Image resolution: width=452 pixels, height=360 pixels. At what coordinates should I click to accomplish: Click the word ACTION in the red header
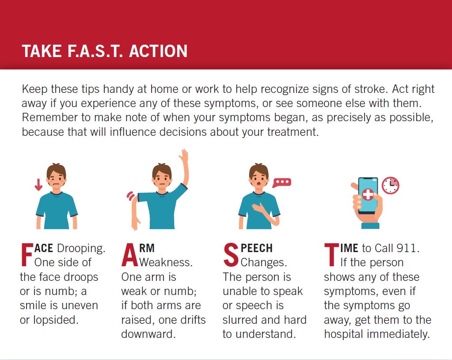tap(158, 51)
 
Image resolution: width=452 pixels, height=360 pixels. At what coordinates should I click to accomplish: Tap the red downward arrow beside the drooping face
tap(38, 184)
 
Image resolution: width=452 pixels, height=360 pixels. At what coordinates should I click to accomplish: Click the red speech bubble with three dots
tap(282, 183)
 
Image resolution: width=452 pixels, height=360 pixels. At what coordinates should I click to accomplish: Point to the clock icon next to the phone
tap(390, 185)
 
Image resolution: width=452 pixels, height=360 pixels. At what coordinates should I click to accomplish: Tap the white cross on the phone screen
tap(368, 194)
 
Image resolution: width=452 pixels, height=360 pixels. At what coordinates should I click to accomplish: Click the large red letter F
tap(27, 255)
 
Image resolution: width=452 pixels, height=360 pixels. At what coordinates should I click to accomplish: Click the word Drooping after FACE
tap(81, 249)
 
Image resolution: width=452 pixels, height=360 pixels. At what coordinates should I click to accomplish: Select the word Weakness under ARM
tap(166, 263)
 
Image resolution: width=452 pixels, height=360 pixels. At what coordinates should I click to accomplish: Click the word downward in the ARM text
tap(148, 334)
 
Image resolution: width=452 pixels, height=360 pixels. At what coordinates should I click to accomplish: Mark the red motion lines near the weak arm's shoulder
tap(131, 196)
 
